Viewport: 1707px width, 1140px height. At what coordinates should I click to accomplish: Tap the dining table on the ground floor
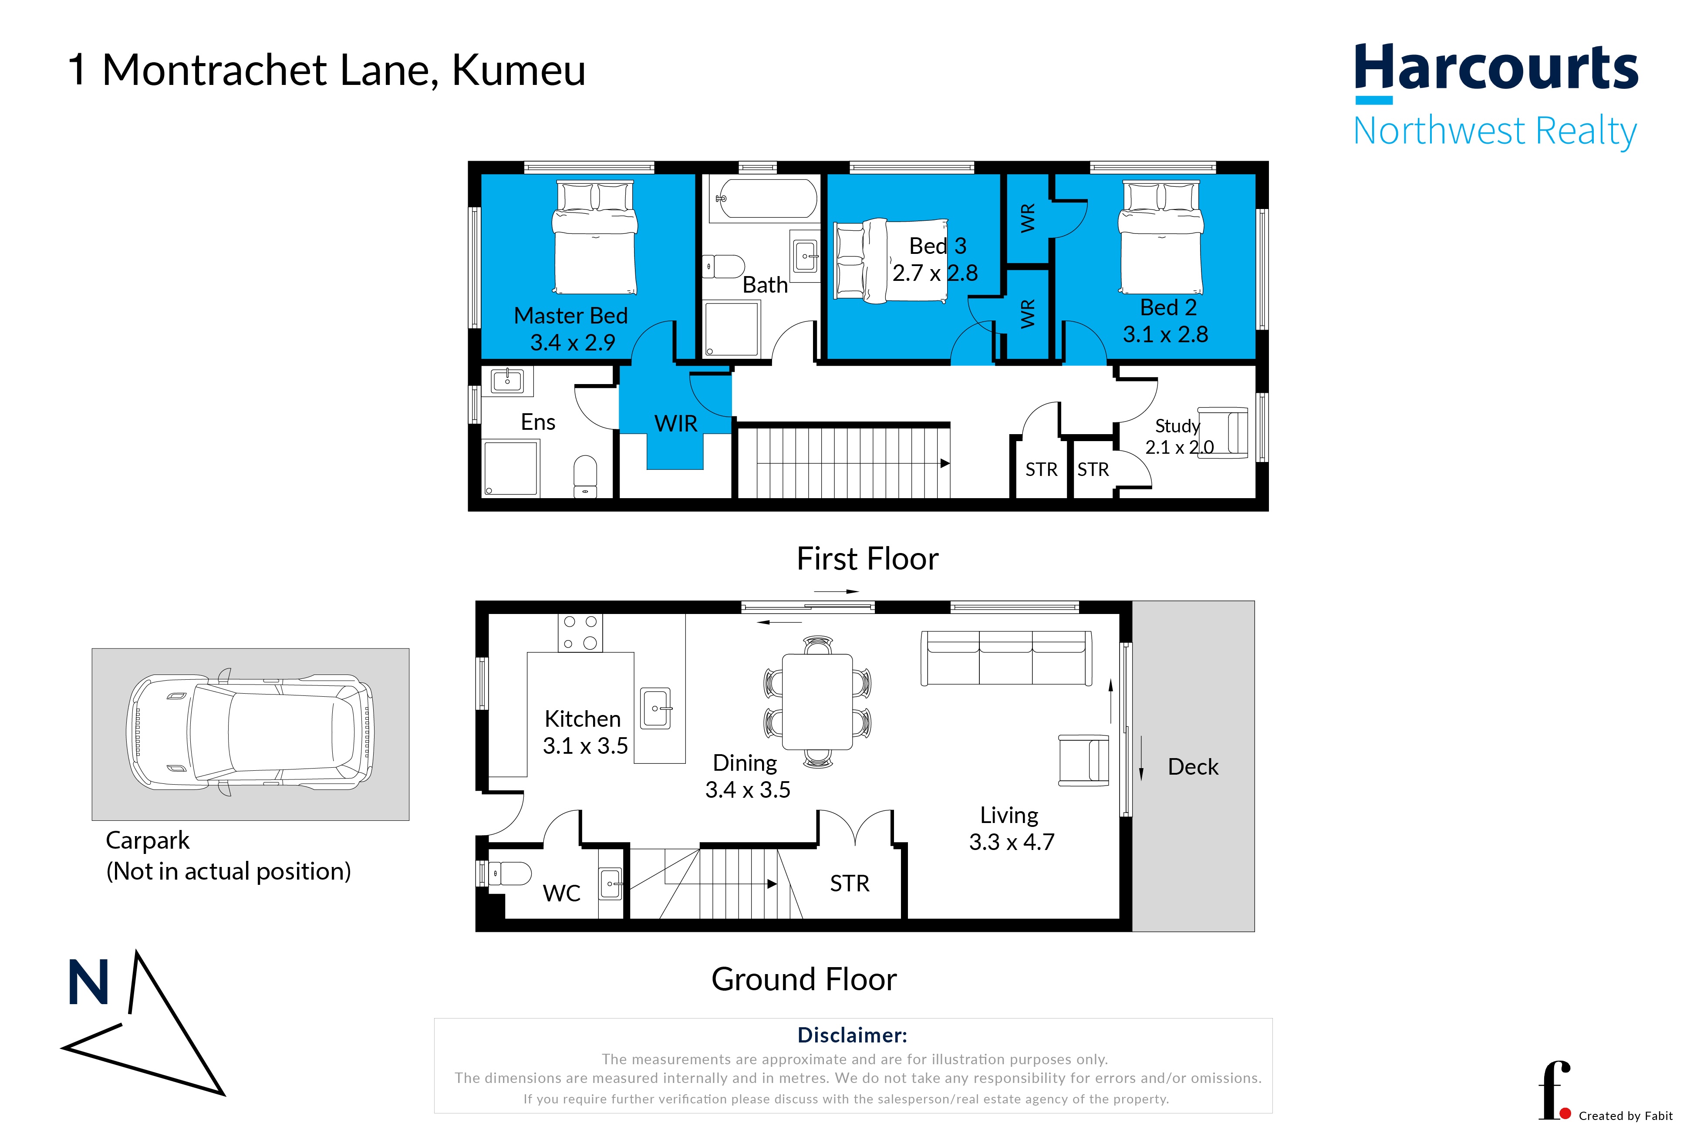[817, 702]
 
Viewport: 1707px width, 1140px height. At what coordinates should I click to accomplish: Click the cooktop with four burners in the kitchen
[580, 633]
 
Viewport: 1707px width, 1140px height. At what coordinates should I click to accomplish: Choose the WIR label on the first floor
[675, 423]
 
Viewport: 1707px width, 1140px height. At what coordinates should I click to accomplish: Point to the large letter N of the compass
[88, 982]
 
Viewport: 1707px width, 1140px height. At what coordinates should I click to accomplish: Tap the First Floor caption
[867, 558]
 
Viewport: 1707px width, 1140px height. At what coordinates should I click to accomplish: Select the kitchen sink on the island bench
[656, 708]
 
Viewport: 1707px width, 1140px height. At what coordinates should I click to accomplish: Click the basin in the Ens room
[507, 380]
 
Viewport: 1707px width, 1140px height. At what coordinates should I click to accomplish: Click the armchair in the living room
[1084, 760]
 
